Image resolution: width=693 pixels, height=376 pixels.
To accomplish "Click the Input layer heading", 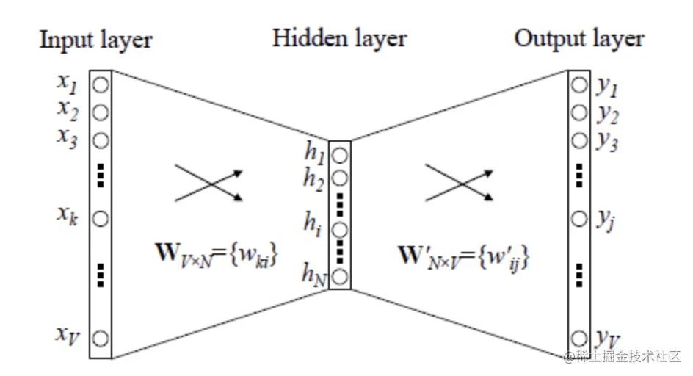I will (x=95, y=40).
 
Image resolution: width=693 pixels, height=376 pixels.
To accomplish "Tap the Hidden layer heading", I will (x=339, y=38).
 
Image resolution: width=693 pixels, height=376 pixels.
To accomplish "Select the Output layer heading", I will (x=578, y=38).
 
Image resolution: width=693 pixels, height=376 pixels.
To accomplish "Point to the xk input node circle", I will (x=101, y=218).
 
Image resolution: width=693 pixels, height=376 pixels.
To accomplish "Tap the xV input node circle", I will (x=101, y=338).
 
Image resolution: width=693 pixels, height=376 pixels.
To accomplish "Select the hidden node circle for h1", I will (x=339, y=155).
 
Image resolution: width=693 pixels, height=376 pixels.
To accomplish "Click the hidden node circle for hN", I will (x=339, y=277).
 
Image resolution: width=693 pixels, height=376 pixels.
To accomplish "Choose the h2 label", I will (x=314, y=179).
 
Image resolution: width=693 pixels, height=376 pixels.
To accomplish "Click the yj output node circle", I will (x=579, y=218).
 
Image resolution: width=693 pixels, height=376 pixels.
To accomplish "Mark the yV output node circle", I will (x=579, y=338).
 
